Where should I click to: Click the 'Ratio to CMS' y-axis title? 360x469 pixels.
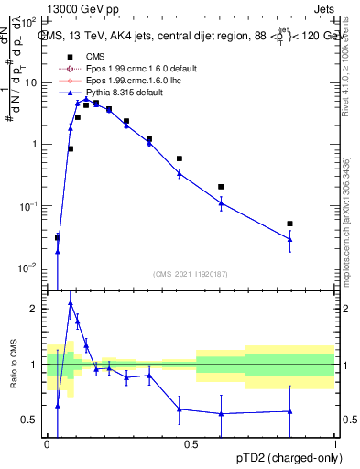click(13, 365)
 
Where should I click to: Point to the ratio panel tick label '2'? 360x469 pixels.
click(36, 309)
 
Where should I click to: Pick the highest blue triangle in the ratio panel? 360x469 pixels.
click(71, 302)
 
